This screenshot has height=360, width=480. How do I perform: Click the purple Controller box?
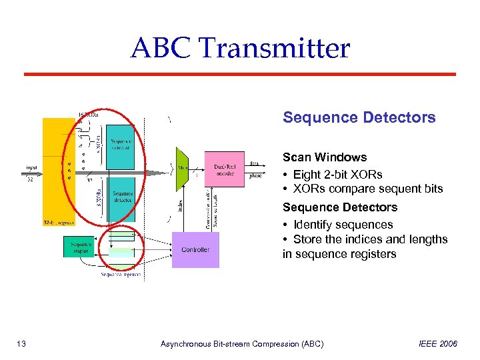pyautogui.click(x=195, y=249)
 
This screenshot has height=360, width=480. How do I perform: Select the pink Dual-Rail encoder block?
pyautogui.click(x=225, y=169)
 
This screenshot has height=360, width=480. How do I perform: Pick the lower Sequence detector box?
pyautogui.click(x=121, y=197)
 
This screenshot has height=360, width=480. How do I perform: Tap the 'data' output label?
pyautogui.click(x=255, y=163)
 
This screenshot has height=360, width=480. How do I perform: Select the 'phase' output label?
pyautogui.click(x=256, y=176)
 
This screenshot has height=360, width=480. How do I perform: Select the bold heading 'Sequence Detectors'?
pyautogui.click(x=359, y=118)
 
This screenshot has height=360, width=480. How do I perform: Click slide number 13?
pyautogui.click(x=21, y=344)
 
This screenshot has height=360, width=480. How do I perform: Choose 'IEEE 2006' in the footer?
pyautogui.click(x=438, y=344)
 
